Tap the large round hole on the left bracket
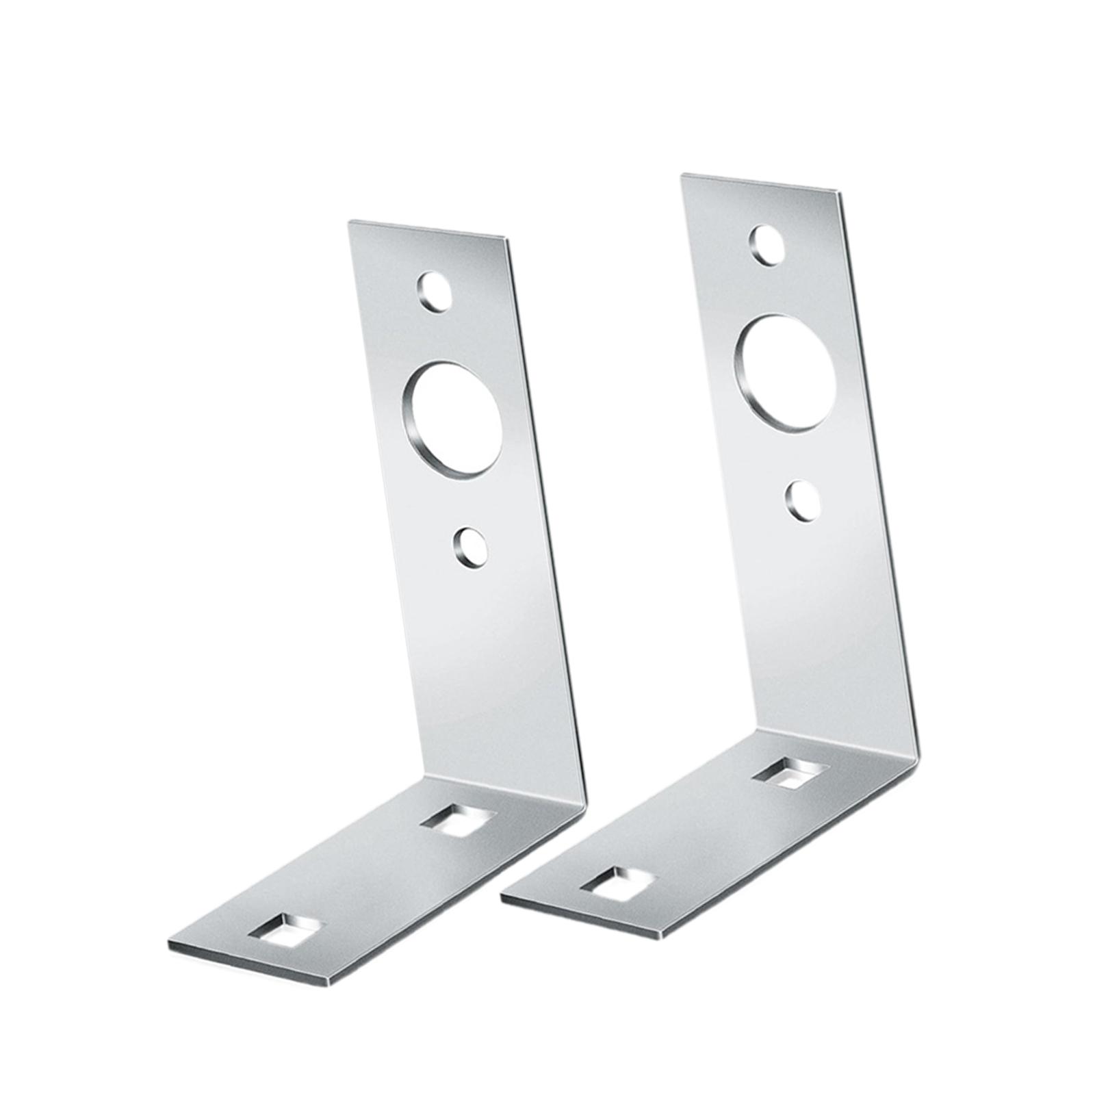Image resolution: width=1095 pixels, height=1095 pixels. (452, 419)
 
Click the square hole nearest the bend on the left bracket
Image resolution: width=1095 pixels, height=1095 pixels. (458, 819)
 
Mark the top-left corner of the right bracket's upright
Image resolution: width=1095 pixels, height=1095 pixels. (681, 175)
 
